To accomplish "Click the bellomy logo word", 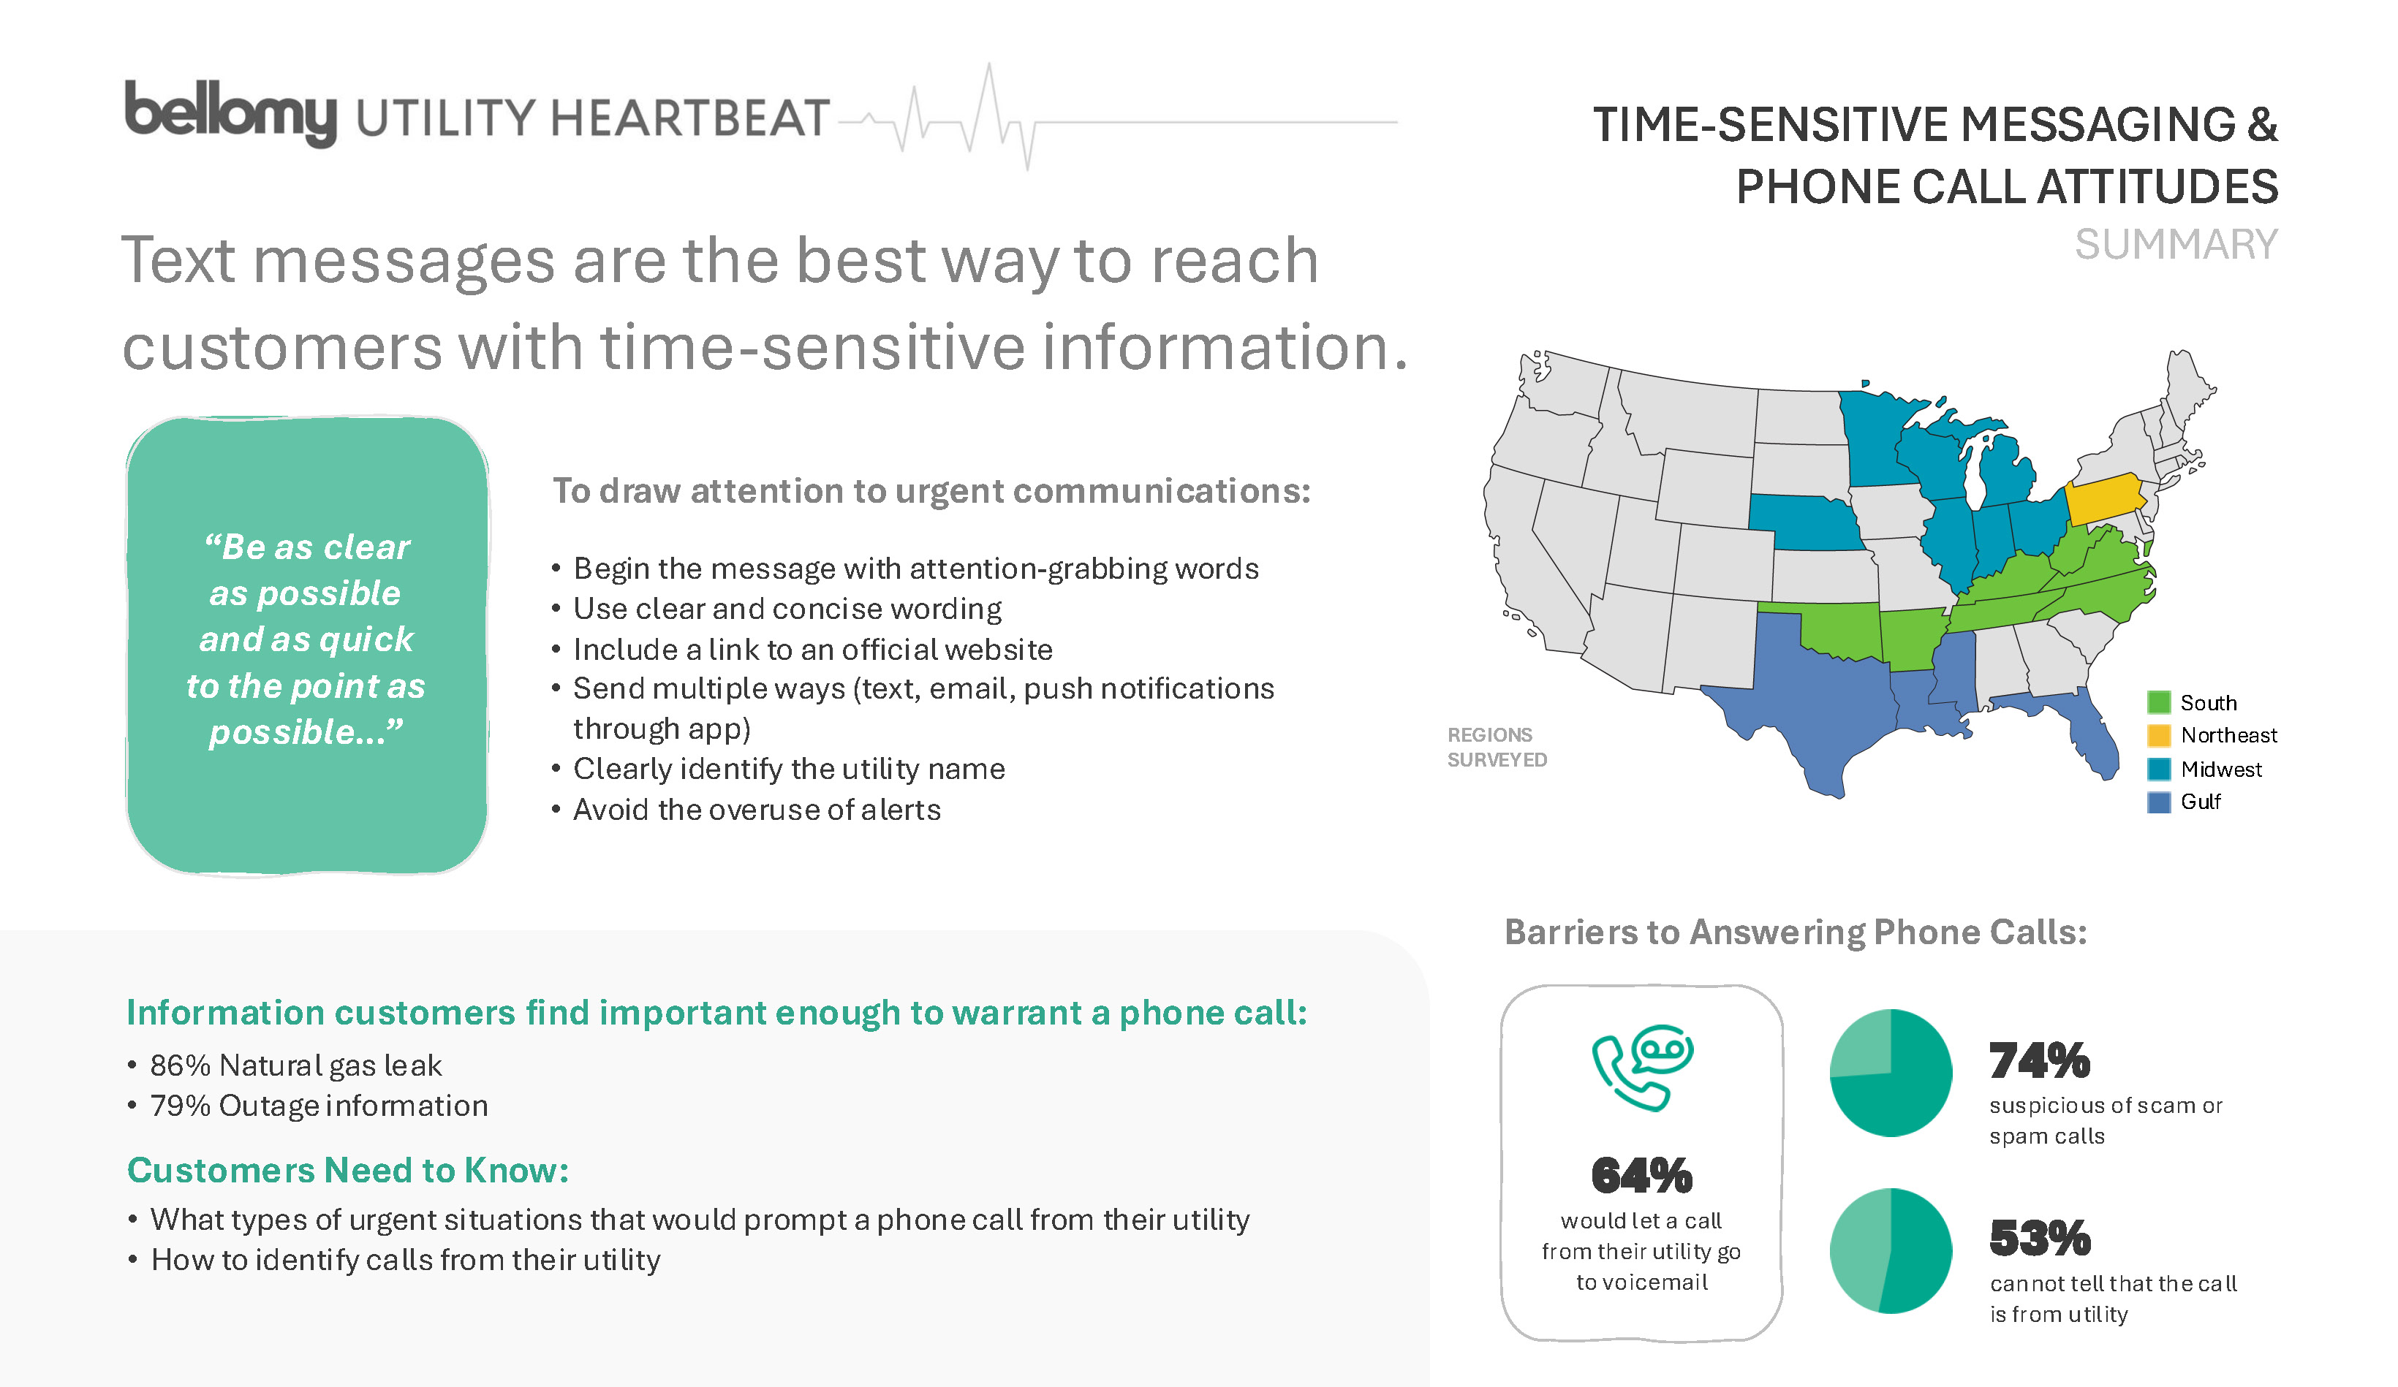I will (230, 113).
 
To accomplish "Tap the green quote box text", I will (306, 639).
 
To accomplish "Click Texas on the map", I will (1808, 704).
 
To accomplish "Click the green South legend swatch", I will (2158, 703).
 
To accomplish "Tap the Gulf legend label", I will (2200, 802).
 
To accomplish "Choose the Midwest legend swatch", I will (2158, 769).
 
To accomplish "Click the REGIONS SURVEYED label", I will (1496, 747).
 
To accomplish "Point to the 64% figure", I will (1641, 1176).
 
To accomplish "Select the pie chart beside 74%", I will (1891, 1072).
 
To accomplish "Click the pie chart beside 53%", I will (1891, 1250).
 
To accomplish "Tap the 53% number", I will (2039, 1239).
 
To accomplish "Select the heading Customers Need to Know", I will (348, 1170).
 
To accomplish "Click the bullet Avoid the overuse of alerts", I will (757, 810).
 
